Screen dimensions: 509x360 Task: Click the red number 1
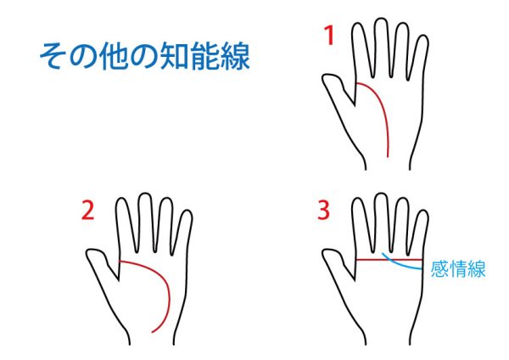click(x=330, y=36)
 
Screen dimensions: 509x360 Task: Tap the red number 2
click(x=87, y=211)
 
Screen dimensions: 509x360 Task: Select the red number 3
click(x=324, y=211)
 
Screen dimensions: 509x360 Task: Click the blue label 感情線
click(x=458, y=269)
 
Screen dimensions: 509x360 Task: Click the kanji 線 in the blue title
click(x=236, y=56)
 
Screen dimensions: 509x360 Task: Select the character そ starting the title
click(x=52, y=56)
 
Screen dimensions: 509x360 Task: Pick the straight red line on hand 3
click(x=389, y=260)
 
